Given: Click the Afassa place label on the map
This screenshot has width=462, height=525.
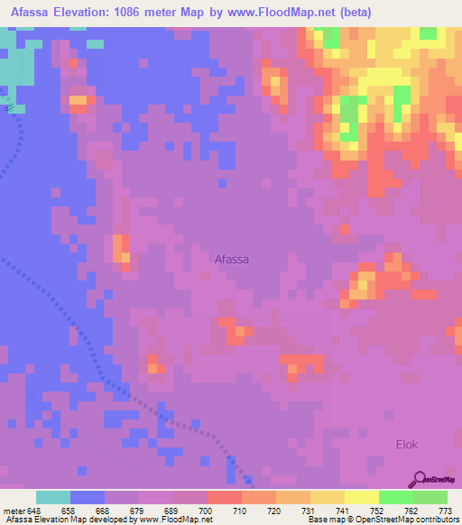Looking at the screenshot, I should coord(232,259).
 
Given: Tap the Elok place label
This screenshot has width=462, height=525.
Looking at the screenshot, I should coord(408,445).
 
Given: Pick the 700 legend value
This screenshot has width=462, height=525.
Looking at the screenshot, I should coord(206,511).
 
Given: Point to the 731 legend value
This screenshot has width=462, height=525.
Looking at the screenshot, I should coord(309,511).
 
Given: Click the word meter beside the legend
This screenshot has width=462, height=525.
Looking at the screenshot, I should coord(13,511).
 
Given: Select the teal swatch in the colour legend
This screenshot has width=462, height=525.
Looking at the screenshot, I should coord(52,497).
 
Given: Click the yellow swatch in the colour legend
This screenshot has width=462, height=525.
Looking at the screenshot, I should coord(361,497).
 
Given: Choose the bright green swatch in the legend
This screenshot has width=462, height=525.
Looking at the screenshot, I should coord(395,497).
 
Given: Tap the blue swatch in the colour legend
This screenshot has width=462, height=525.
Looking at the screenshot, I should coord(87,497).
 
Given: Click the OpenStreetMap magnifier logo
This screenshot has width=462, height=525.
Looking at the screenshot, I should coord(420,478).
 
